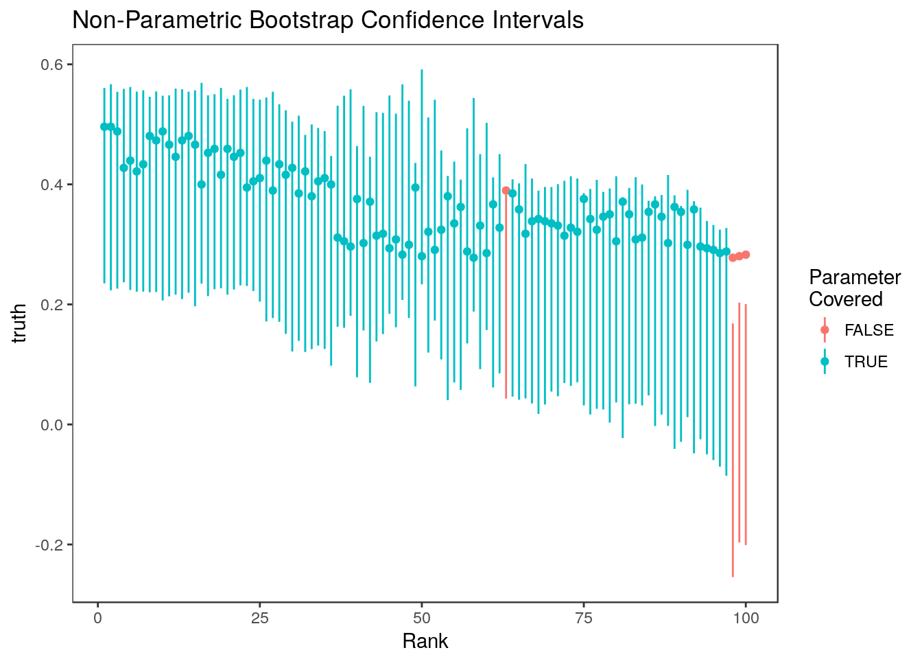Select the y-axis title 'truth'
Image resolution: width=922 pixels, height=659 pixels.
coord(19,323)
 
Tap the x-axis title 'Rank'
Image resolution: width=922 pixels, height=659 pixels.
coord(425,641)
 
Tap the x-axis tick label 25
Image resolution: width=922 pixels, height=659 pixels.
coord(259,618)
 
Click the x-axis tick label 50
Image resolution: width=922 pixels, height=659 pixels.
coord(422,618)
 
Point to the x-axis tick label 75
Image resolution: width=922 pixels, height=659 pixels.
coord(584,618)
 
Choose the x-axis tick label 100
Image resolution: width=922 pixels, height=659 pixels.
coord(746,618)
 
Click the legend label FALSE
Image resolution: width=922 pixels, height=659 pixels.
coord(869,330)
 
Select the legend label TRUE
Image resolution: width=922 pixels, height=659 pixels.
coord(866,362)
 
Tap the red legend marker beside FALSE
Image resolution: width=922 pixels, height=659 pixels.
coord(825,330)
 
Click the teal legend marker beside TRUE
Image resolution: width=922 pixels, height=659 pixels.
coord(825,362)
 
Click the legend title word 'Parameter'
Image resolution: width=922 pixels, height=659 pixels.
coord(855,277)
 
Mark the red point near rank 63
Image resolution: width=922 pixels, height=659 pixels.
coord(506,190)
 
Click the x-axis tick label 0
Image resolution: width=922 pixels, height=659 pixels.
coord(97,618)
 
